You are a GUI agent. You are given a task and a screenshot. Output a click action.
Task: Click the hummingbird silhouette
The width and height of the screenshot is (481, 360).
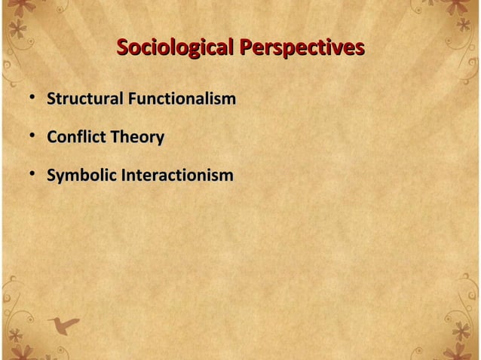(x=68, y=325)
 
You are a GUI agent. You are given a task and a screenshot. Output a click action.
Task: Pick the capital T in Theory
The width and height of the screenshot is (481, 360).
(x=115, y=137)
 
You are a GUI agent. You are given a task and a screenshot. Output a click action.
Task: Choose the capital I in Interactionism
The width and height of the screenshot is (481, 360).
(x=124, y=175)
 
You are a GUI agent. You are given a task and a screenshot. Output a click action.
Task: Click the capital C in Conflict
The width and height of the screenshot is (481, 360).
(x=52, y=137)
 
